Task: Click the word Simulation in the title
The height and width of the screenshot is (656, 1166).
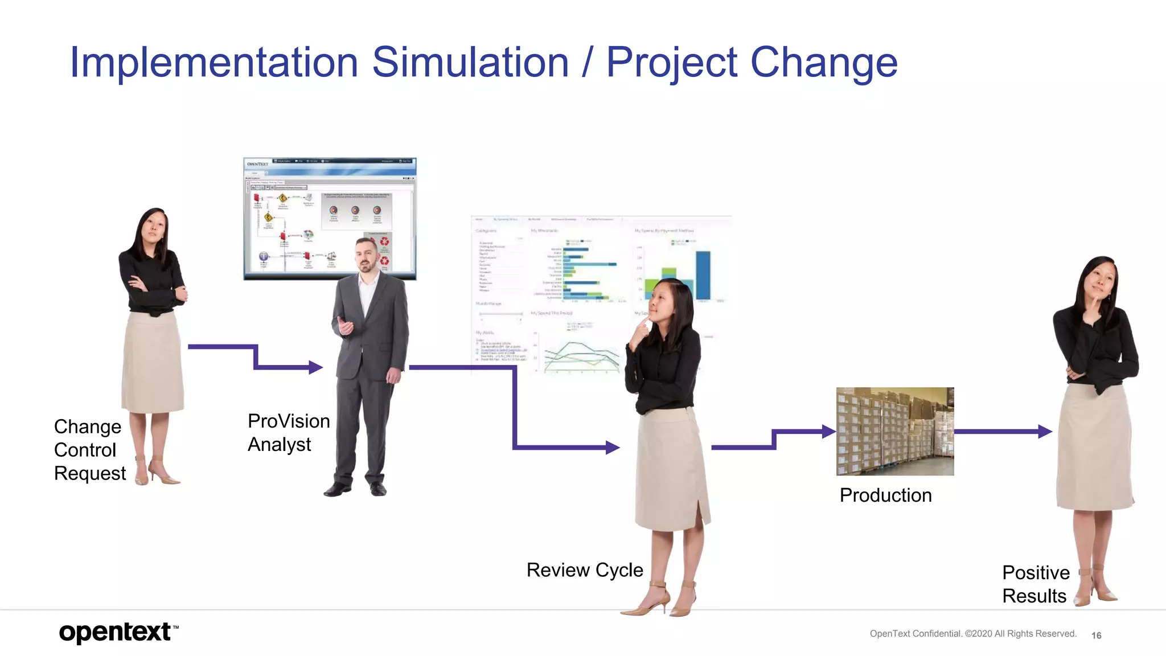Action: [x=470, y=62]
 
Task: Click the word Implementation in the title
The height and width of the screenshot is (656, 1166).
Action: [x=214, y=62]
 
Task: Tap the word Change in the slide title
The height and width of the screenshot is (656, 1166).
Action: [x=824, y=62]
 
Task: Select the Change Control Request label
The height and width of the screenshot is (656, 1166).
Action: [x=89, y=450]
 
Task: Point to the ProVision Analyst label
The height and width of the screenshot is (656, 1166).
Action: [x=289, y=433]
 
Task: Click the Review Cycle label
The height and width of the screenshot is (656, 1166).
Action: [x=585, y=570]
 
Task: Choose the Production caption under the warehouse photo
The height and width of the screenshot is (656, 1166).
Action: [x=885, y=495]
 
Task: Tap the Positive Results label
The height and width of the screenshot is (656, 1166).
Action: [x=1036, y=584]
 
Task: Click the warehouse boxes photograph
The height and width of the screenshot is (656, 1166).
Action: [x=895, y=431]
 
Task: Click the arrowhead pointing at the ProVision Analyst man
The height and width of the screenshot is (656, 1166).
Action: [x=316, y=367]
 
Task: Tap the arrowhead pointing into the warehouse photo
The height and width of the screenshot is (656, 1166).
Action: [x=829, y=432]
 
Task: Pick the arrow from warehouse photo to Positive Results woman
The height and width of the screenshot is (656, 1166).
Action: [x=1002, y=432]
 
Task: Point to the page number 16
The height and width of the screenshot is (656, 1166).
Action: [x=1096, y=635]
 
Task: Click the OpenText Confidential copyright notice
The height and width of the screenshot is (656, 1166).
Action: [x=972, y=634]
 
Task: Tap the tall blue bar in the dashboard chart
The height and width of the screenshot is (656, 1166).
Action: [x=703, y=276]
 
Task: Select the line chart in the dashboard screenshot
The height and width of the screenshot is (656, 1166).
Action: [x=581, y=356]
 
